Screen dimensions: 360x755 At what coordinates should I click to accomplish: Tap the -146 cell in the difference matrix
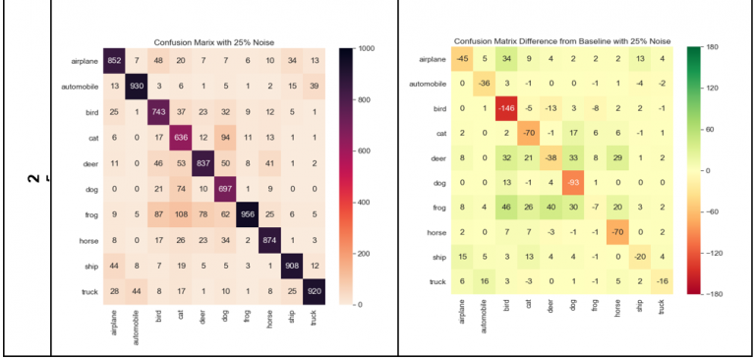508,108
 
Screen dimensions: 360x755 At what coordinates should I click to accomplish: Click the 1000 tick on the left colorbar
366,48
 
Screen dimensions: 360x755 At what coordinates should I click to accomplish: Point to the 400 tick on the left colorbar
364,202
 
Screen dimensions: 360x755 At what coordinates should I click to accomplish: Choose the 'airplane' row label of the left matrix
83,61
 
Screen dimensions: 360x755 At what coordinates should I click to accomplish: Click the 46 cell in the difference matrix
508,206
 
